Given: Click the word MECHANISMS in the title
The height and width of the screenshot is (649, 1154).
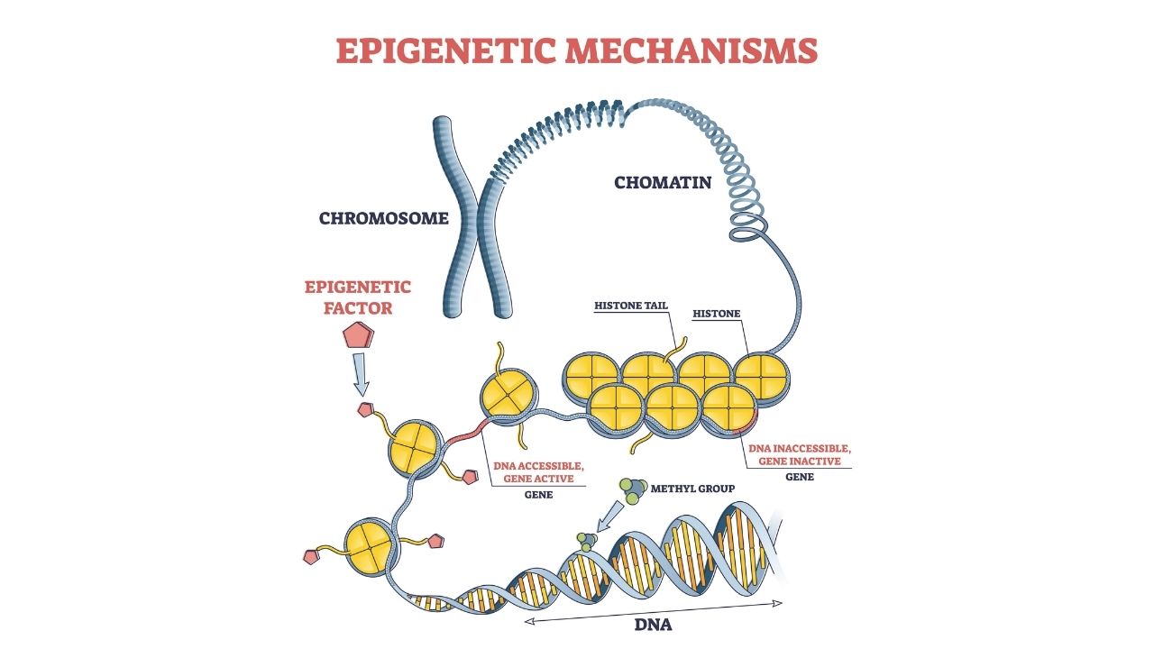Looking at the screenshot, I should [692, 50].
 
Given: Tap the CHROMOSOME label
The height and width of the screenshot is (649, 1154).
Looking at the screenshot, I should [383, 218].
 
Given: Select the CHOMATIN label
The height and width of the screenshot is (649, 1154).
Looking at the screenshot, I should [663, 183].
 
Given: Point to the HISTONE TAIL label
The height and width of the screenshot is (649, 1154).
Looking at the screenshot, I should [631, 306].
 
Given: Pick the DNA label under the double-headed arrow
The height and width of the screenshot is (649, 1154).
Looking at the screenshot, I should [654, 624].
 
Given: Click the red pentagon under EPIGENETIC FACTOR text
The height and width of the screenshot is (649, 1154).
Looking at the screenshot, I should [359, 336].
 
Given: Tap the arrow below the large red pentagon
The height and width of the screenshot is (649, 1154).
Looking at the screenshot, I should [361, 374].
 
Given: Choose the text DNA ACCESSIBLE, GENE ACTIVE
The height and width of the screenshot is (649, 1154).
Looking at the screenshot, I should [539, 471].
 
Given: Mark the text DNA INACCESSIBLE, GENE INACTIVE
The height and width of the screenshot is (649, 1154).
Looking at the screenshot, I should [799, 454].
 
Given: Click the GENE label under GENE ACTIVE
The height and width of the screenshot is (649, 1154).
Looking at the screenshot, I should [538, 495].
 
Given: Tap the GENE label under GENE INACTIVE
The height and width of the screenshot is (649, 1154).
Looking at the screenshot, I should [799, 477].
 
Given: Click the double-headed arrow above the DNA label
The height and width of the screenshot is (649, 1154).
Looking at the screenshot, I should [654, 606].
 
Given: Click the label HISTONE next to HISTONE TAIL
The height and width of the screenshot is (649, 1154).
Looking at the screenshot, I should [716, 314].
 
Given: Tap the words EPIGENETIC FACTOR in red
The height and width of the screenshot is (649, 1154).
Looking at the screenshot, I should [358, 298].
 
